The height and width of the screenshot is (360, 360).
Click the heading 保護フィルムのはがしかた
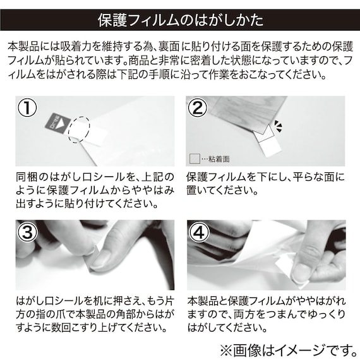180,19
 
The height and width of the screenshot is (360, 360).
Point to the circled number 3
27,232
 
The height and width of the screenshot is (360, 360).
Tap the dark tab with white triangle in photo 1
58,123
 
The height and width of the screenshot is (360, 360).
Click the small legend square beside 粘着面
194,158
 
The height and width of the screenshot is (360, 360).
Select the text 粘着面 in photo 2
219,159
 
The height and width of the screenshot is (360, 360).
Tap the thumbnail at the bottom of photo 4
302,272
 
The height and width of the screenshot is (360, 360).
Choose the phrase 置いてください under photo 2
220,189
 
